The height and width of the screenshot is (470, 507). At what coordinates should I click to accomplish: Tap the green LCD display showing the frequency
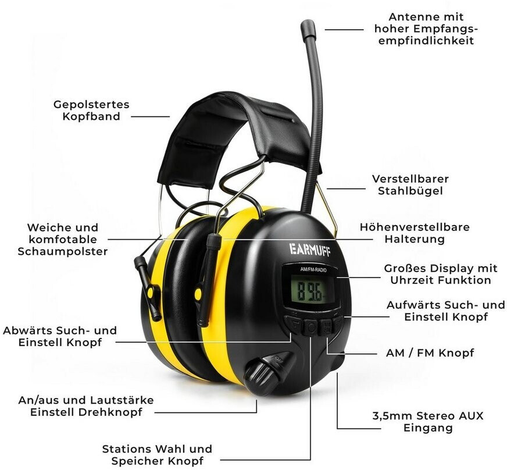click(308, 289)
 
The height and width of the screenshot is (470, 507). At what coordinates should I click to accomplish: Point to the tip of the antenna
click(308, 26)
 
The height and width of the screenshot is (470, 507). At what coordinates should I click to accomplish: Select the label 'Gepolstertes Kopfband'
click(91, 111)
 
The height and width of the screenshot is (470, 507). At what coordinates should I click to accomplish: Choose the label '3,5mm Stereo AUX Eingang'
click(428, 422)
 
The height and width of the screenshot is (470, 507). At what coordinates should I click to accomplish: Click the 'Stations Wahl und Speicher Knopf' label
click(157, 455)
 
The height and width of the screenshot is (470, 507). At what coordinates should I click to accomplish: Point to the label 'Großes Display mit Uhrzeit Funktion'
click(441, 274)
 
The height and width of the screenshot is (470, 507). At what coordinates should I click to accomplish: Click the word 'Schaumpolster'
click(63, 251)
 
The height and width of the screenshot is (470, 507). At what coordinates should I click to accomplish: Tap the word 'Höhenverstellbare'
click(415, 227)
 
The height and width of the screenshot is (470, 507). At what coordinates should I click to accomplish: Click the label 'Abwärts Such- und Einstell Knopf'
click(60, 336)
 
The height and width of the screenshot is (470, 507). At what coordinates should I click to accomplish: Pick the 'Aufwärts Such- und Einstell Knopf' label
click(445, 311)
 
